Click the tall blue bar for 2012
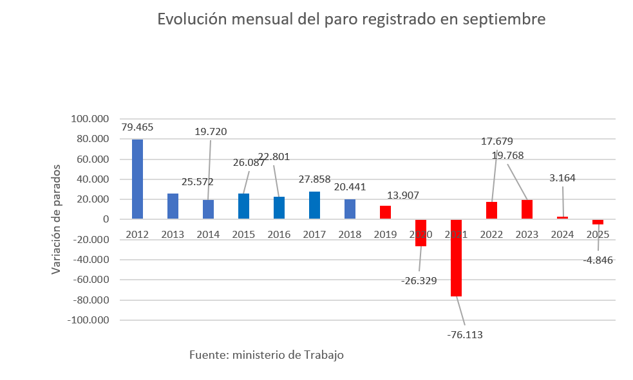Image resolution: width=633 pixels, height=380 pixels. [137, 179]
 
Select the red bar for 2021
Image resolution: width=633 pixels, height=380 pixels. [456, 257]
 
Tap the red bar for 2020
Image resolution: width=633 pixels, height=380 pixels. [420, 233]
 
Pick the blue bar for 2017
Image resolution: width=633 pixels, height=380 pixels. [314, 205]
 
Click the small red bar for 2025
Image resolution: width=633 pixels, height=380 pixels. [598, 222]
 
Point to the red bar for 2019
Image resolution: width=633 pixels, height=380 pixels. [385, 213]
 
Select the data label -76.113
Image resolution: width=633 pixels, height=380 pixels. [464, 334]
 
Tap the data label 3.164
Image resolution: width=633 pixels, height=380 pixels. [563, 177]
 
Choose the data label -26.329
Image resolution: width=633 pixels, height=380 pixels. [419, 280]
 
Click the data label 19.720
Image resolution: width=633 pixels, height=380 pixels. [211, 132]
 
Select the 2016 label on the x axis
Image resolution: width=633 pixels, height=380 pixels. [279, 235]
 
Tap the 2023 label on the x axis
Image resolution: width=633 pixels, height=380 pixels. [527, 235]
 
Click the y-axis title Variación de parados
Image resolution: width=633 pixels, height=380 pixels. [57, 219]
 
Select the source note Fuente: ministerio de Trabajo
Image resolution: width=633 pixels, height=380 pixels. [267, 355]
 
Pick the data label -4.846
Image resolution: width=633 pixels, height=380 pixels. [598, 260]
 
